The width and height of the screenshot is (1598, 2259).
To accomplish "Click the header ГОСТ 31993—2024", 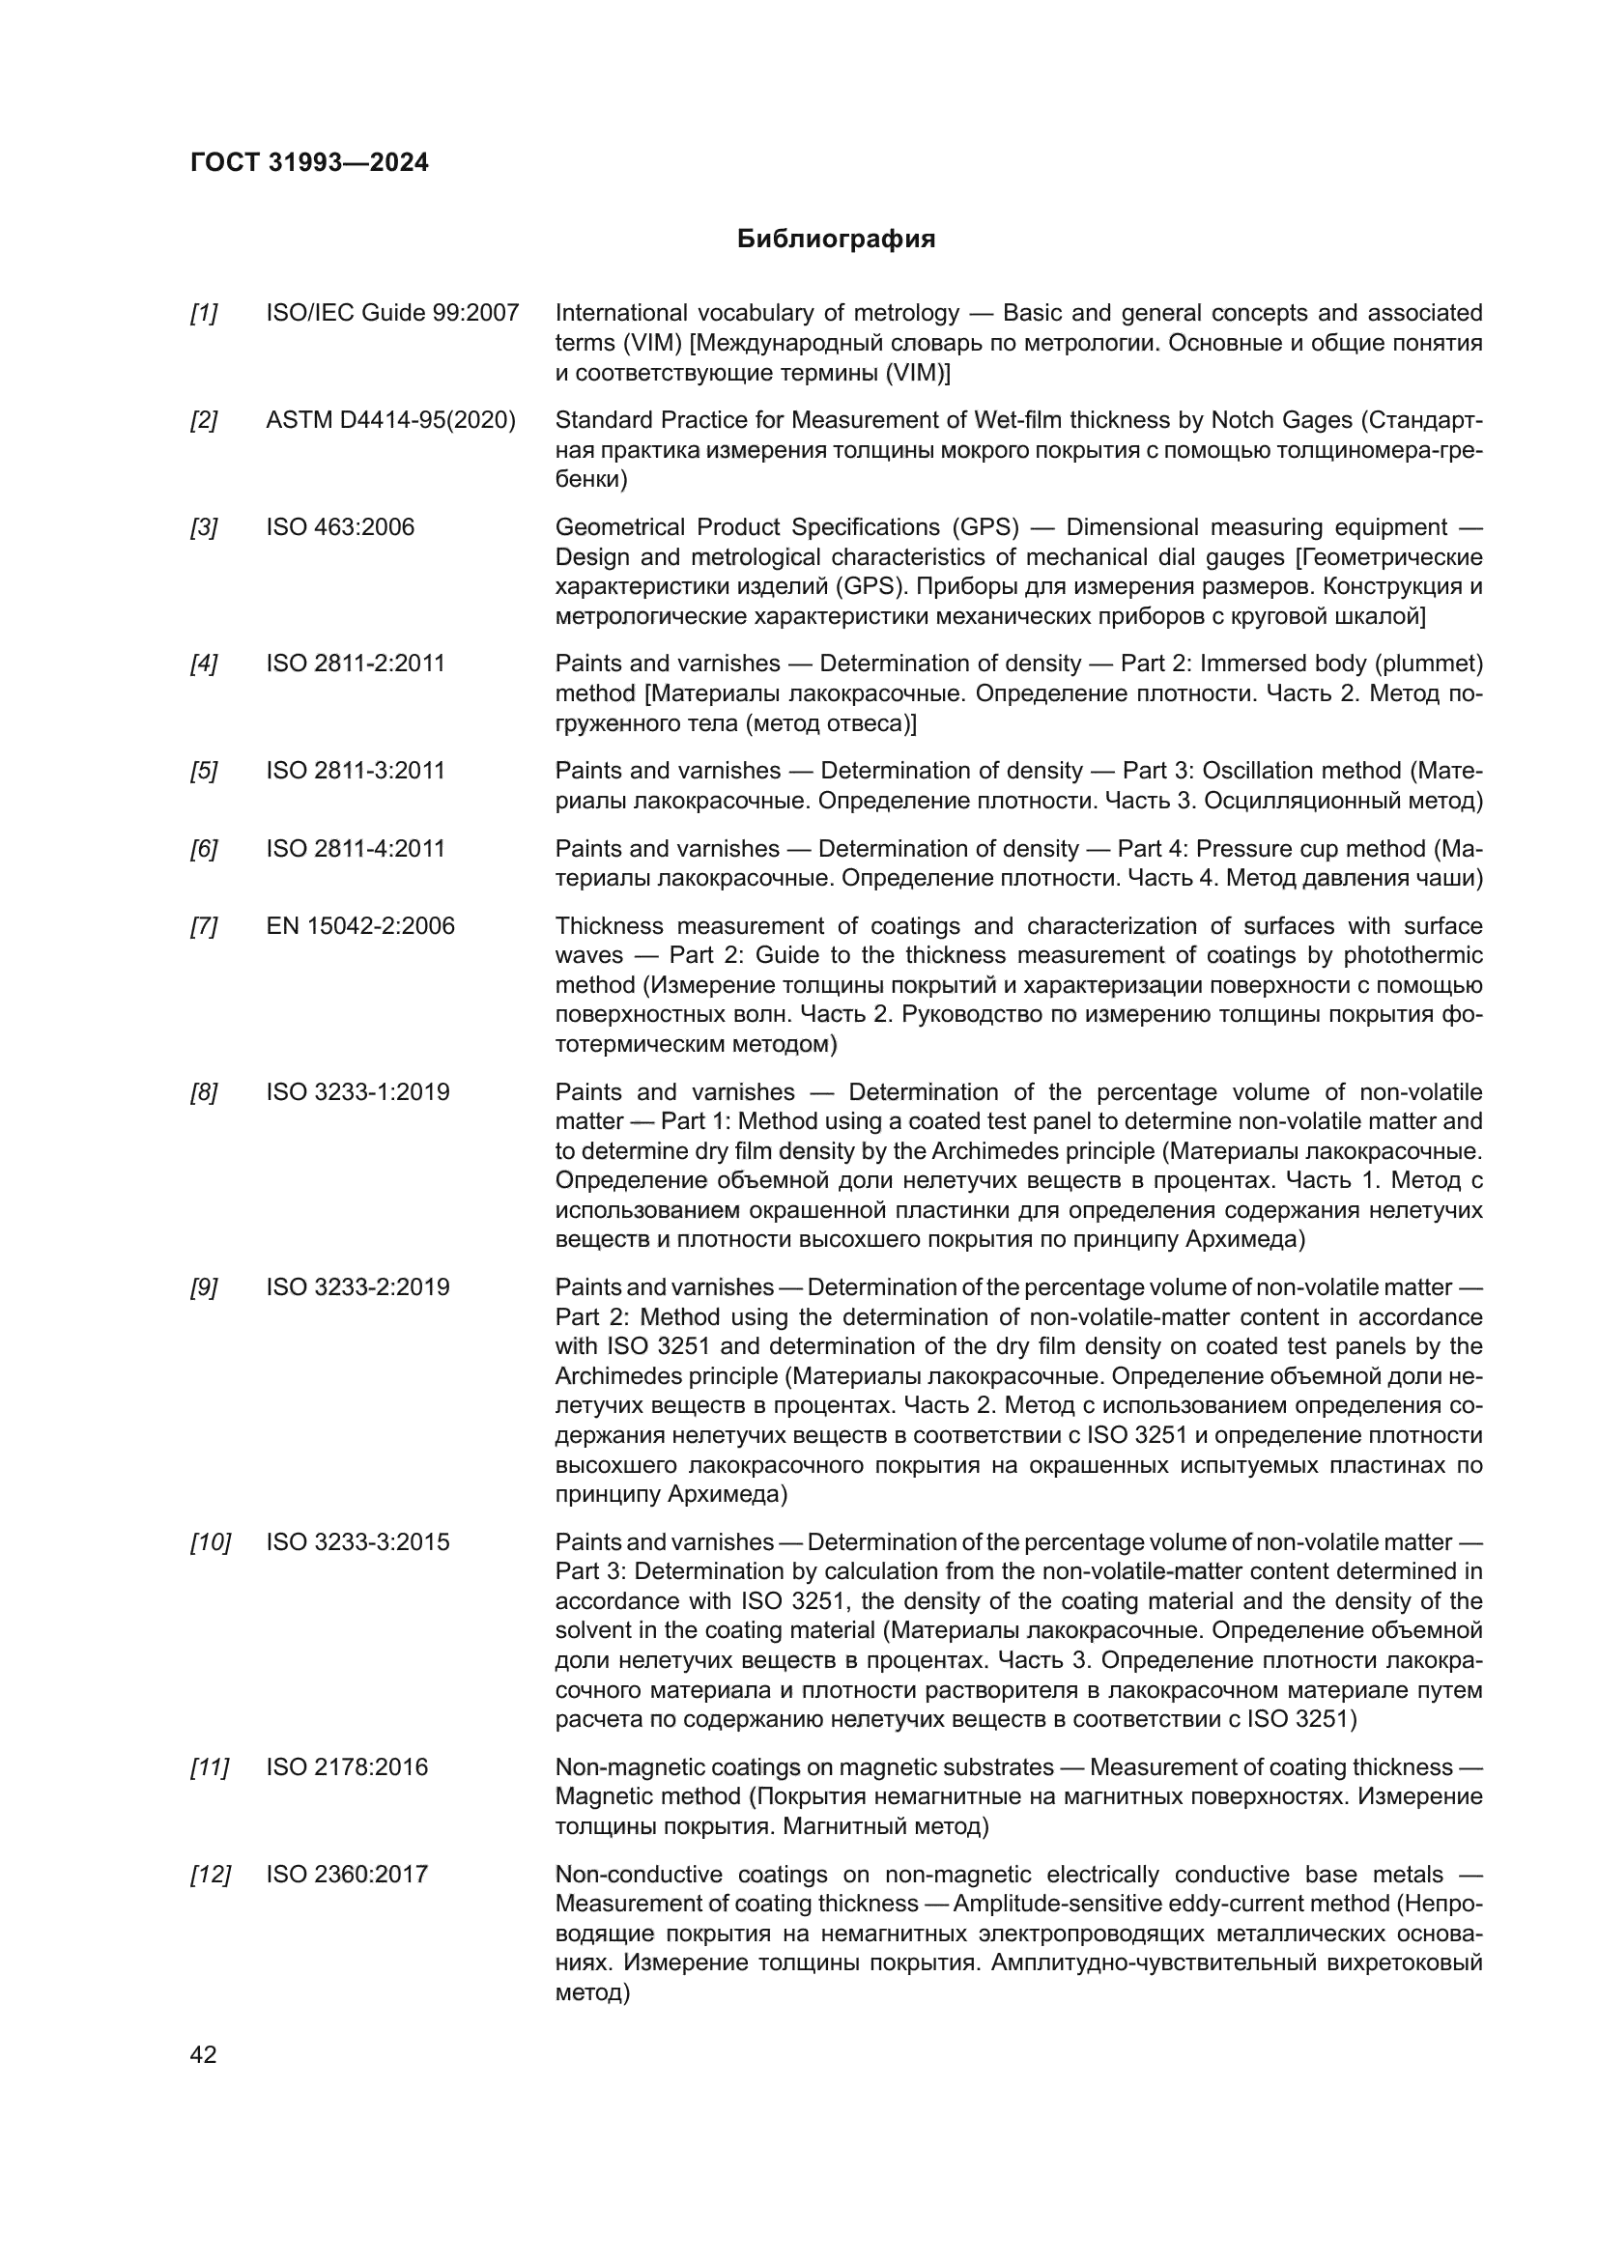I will (309, 162).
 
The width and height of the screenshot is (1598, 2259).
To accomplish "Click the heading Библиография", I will (836, 240).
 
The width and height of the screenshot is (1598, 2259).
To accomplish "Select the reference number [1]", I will (204, 313).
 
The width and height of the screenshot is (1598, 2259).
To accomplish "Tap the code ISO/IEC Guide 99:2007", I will (391, 313).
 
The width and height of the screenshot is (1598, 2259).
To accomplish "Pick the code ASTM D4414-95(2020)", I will (390, 420).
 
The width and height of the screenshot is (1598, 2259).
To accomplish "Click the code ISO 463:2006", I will (339, 527).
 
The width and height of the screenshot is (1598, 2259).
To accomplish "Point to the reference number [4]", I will (204, 664).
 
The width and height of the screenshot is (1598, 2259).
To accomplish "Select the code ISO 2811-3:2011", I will (356, 771).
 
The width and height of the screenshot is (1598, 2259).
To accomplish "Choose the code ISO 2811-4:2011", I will (356, 848).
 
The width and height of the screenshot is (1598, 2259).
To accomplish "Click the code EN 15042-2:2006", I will (360, 926).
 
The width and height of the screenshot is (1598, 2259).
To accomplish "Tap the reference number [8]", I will (204, 1092).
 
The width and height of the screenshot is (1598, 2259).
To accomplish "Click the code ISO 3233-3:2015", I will (357, 1541).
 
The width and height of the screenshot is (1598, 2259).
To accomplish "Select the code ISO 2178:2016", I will (347, 1767).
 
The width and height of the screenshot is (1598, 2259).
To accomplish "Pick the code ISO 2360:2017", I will (347, 1875).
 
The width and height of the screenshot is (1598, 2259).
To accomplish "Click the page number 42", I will (203, 2054).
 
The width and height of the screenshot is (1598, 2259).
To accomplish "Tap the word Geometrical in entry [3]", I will (619, 527).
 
